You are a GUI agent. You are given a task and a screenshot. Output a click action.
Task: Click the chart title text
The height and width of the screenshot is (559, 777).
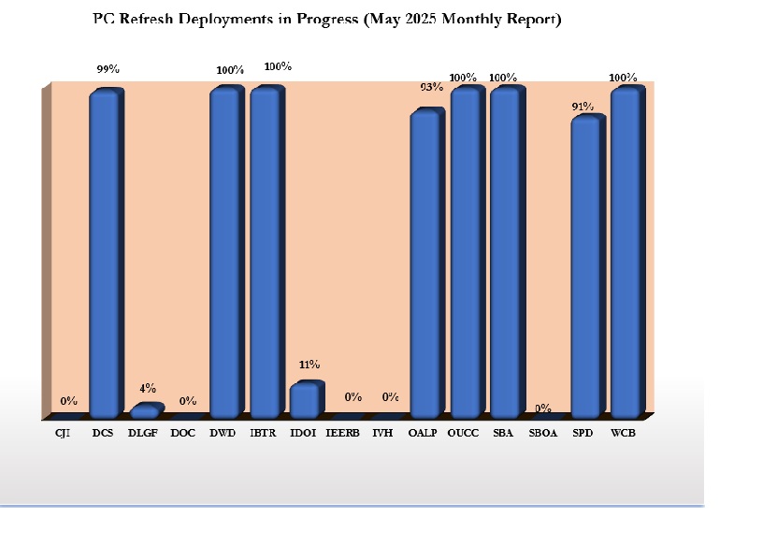tap(327, 19)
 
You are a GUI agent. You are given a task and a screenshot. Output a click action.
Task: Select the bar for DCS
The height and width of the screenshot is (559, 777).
tap(105, 252)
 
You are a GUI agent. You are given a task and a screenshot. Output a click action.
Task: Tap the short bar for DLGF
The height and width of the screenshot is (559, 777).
tap(144, 411)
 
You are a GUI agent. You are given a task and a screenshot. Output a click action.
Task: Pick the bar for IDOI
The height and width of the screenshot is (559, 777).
tap(305, 400)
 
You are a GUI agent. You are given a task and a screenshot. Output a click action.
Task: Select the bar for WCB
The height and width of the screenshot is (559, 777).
tap(625, 252)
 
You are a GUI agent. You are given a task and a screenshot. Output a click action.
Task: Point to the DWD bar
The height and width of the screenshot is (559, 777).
tap(224, 252)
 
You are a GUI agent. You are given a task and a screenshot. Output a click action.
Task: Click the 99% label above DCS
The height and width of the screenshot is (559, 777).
tap(108, 70)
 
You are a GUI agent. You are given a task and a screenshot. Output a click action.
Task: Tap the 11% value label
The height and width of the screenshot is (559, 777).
tap(309, 365)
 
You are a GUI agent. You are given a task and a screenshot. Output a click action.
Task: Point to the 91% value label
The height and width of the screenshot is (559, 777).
tap(583, 107)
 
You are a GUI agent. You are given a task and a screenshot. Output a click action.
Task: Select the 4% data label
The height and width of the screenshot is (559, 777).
tap(148, 388)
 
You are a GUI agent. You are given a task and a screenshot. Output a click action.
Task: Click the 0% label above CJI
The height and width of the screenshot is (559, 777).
tap(69, 401)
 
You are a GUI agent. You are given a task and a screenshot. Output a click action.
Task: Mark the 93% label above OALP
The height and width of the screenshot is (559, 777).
tap(431, 87)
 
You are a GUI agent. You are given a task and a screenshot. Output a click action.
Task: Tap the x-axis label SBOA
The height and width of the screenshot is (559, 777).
tap(543, 433)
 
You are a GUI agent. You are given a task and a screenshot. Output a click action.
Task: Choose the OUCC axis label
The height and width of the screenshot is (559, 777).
tap(464, 433)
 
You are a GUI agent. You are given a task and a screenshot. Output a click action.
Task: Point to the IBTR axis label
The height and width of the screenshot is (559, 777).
tap(263, 433)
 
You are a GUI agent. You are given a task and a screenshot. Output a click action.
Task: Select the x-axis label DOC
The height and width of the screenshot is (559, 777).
tap(183, 433)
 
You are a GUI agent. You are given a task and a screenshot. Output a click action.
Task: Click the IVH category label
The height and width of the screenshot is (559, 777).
tap(382, 433)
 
